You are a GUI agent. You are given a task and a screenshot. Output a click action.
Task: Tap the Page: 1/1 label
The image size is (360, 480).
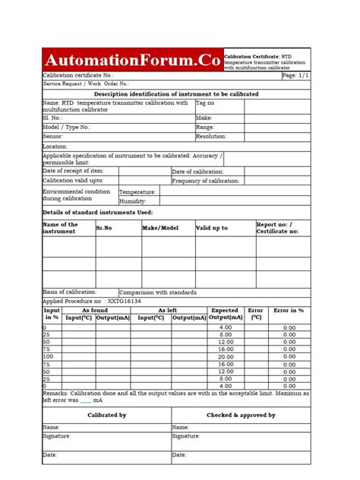pyautogui.click(x=295, y=76)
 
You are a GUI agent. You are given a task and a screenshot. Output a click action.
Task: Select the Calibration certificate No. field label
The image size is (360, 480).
pyautogui.click(x=78, y=76)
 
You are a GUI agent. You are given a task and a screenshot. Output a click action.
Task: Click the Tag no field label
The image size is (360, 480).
pyautogui.click(x=206, y=103)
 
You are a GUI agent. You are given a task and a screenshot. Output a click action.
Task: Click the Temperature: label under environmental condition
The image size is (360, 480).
pyautogui.click(x=137, y=192)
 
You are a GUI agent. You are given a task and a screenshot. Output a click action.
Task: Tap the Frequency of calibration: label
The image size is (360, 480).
pyautogui.click(x=206, y=181)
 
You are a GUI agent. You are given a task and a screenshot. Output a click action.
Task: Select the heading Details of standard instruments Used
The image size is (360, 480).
pyautogui.click(x=98, y=212)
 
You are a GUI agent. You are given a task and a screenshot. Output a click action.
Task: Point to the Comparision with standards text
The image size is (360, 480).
pyautogui.click(x=158, y=292)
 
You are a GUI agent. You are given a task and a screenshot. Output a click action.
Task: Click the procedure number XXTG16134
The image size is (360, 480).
pyautogui.click(x=124, y=301)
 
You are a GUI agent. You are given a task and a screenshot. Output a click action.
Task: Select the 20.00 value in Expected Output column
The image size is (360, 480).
pyautogui.click(x=226, y=356)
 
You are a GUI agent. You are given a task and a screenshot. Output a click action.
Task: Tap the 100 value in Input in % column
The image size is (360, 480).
pyautogui.click(x=48, y=356)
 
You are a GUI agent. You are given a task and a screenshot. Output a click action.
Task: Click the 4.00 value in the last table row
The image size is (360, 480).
pyautogui.click(x=226, y=385)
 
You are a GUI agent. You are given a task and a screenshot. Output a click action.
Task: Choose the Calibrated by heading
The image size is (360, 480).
pyautogui.click(x=106, y=415)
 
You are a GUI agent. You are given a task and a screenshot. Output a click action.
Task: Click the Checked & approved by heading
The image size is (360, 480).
pyautogui.click(x=241, y=415)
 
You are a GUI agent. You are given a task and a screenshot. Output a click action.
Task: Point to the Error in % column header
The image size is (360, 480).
pyautogui.click(x=289, y=311)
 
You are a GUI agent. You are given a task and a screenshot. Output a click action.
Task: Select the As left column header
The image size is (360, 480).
pyautogui.click(x=167, y=311)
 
